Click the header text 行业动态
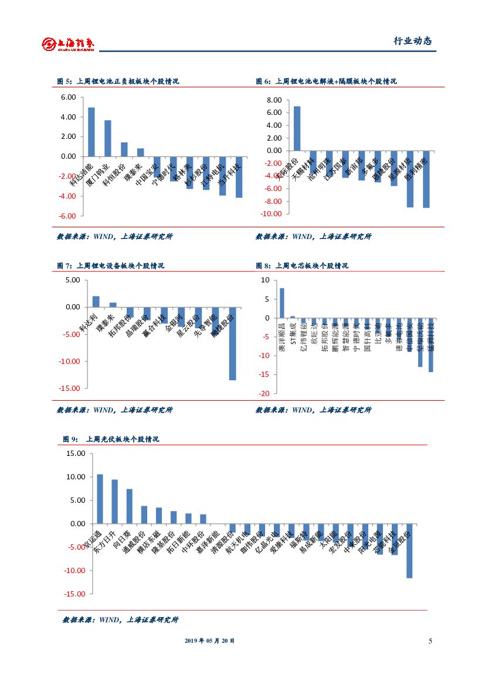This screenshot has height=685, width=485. tap(412, 42)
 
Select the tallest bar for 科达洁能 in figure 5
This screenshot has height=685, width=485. tap(91, 132)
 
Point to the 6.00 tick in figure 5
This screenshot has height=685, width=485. tap(68, 97)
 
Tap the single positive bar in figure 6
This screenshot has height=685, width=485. tap(297, 128)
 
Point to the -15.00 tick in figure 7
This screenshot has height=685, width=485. tap(69, 388)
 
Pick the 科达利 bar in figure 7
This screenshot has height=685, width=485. tap(96, 302)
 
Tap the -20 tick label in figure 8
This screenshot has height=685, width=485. tap(265, 394)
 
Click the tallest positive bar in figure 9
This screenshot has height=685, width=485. tap(100, 499)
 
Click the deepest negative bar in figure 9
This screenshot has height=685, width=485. tap(409, 551)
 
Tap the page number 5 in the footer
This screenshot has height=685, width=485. tap(430, 641)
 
